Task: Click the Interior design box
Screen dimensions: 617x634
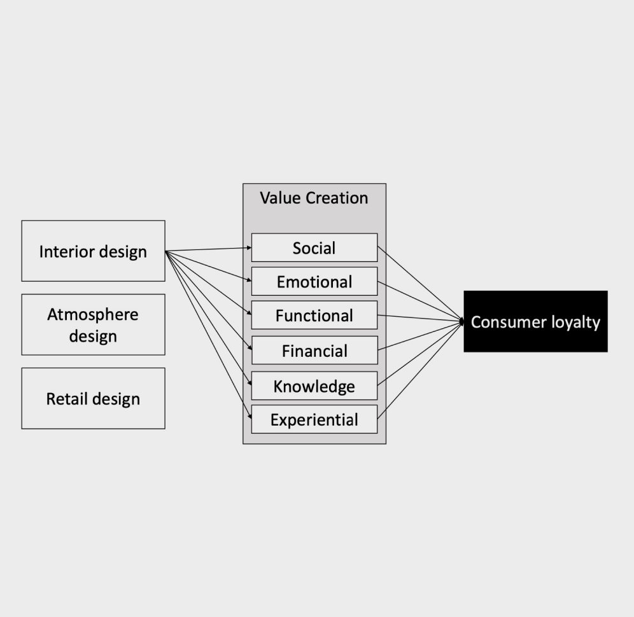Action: (93, 251)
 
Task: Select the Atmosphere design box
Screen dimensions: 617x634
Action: (93, 324)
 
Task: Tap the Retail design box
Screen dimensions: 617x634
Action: (93, 398)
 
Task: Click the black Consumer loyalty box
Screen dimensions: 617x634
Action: (535, 321)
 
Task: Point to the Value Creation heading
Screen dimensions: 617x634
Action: (314, 198)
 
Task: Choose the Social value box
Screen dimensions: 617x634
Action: (314, 247)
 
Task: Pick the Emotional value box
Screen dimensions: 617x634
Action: (314, 281)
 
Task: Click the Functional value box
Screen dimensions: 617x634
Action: (314, 315)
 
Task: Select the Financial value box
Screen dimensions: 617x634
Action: (314, 350)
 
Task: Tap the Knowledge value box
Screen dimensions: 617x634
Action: (314, 385)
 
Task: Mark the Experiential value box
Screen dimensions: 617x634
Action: (314, 419)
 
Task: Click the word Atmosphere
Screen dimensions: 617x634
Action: (93, 314)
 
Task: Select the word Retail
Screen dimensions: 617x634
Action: (67, 399)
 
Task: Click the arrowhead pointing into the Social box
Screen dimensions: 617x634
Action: (248, 247)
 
